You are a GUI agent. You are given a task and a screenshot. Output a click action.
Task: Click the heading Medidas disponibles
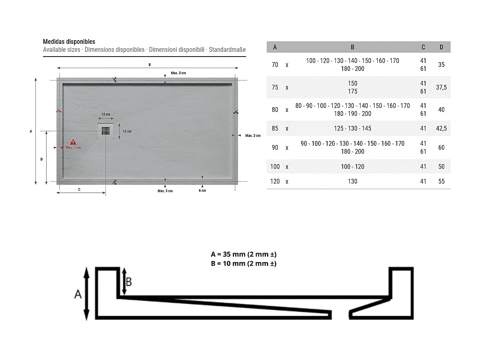click(x=69, y=41)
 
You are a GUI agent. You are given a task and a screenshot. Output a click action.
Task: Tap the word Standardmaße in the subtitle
click(x=227, y=50)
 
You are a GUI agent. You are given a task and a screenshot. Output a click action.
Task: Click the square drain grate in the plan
click(x=105, y=131)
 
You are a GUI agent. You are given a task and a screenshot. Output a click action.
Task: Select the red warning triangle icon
click(x=73, y=142)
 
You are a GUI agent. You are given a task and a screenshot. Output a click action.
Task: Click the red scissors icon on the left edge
click(x=59, y=111)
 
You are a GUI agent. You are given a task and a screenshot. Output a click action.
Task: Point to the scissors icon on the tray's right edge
click(x=236, y=112)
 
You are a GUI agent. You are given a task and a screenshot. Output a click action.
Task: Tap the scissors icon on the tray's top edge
click(x=114, y=80)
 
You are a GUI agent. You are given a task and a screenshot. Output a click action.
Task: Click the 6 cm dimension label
click(x=202, y=191)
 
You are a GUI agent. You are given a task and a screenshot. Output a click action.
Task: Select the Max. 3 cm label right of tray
click(x=253, y=136)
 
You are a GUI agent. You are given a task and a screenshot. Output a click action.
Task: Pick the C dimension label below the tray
click(x=79, y=190)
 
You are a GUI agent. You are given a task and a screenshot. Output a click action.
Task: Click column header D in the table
click(x=441, y=47)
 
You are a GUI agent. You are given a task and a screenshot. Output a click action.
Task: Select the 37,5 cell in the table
click(x=441, y=87)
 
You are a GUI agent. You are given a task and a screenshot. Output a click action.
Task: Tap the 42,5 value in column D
click(x=441, y=129)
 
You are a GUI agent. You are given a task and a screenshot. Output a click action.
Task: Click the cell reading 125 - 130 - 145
click(x=352, y=129)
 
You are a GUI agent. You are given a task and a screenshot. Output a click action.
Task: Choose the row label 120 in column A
click(x=275, y=181)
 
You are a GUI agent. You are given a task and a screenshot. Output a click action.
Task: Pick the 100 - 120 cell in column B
click(x=352, y=166)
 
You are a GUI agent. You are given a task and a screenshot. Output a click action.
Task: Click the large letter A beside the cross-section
click(x=78, y=294)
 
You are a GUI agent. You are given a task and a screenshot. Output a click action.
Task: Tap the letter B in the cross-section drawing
click(x=129, y=282)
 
